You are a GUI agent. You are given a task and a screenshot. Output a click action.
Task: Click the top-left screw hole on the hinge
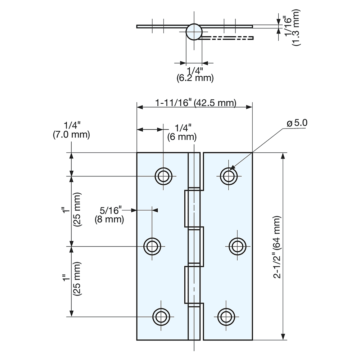coord(163,176)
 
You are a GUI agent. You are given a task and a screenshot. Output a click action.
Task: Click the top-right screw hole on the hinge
coord(228,176)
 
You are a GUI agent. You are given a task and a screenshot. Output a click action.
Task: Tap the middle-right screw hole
coord(237,246)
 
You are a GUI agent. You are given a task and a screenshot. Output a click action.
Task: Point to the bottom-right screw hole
coord(226,316)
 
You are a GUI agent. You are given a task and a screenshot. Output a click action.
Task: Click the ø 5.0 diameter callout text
coord(297,123)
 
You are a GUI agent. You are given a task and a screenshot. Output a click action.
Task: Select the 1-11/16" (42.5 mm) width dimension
coord(195,103)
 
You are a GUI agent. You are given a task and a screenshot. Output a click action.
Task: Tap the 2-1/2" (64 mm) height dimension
coord(279,247)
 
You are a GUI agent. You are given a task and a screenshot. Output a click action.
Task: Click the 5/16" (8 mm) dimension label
coord(109,215)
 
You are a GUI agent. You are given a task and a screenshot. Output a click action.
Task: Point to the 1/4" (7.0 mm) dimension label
coord(71,130)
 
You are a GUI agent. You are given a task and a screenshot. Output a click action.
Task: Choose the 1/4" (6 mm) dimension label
coord(182,132)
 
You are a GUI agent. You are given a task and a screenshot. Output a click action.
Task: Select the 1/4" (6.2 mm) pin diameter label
coord(195,73)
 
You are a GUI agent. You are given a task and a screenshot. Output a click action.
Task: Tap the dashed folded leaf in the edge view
coord(227,37)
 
